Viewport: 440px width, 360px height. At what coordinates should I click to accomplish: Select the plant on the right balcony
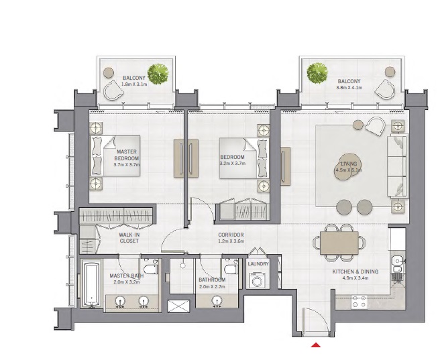(315, 73)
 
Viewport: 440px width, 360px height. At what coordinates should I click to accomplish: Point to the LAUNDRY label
(258, 264)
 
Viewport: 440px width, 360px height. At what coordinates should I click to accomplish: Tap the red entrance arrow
(315, 346)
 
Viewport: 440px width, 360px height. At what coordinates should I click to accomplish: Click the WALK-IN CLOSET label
(128, 238)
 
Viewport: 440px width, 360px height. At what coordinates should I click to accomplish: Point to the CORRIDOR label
(230, 235)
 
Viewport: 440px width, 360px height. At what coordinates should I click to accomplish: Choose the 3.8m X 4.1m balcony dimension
(349, 87)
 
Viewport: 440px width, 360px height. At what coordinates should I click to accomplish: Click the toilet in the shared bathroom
(230, 269)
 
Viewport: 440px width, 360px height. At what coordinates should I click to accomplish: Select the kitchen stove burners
(359, 303)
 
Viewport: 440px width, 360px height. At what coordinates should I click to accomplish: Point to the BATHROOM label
(211, 280)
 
